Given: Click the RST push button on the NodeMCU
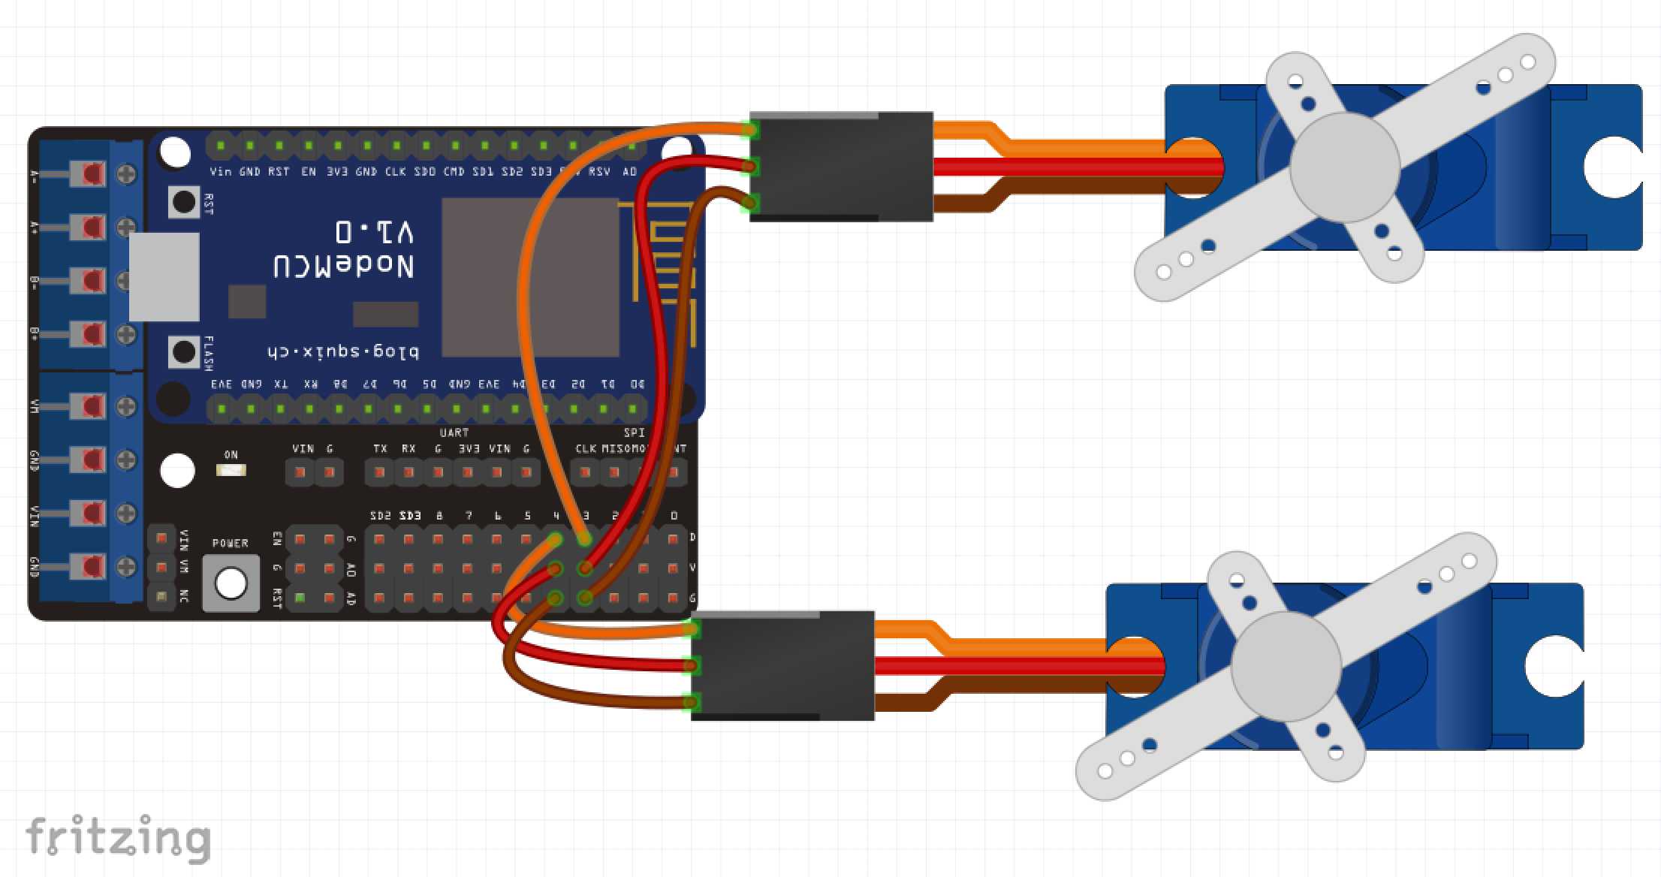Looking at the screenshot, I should [x=184, y=201].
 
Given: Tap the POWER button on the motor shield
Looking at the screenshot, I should [x=231, y=583].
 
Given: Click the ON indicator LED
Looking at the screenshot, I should [x=231, y=471].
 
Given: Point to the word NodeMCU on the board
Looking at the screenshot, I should [x=344, y=267].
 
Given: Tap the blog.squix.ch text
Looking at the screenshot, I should [x=343, y=351].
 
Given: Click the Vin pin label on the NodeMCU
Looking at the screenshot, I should [x=220, y=172].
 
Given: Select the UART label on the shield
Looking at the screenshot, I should [x=454, y=432].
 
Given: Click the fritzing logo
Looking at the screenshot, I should [x=118, y=838].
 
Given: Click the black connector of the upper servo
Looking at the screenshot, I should [x=841, y=167].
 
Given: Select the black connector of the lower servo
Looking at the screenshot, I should [x=782, y=665].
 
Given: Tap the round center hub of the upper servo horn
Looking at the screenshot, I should [x=1344, y=167].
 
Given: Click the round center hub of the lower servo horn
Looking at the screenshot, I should [x=1286, y=666].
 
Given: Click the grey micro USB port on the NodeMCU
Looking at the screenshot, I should [x=164, y=276].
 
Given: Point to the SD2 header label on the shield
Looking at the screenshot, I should [x=381, y=516].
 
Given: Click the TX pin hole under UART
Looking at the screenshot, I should [x=380, y=472].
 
